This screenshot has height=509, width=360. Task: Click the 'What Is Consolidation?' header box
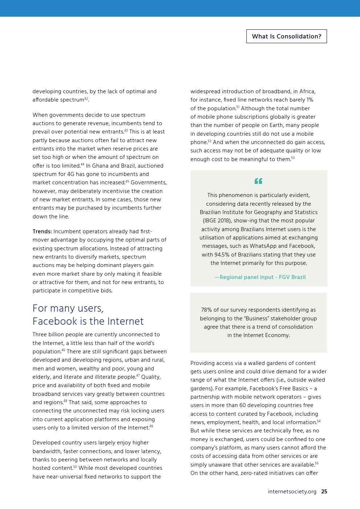click(x=286, y=36)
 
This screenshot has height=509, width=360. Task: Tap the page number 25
click(x=324, y=492)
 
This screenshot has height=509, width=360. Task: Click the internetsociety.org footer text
click(x=292, y=492)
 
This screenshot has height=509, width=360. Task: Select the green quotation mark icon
click(x=258, y=181)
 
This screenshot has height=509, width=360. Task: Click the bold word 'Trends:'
click(x=42, y=231)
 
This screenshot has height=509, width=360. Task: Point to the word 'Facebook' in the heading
click(x=54, y=321)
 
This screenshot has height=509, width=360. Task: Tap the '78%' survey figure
click(x=206, y=310)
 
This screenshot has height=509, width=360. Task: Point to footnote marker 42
click(x=86, y=99)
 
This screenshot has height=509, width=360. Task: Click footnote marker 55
click(x=316, y=463)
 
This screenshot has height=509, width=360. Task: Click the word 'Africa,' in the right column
click(x=307, y=91)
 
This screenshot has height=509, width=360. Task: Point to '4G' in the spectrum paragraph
click(x=70, y=174)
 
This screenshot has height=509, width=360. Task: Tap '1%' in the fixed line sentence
click(x=310, y=100)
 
